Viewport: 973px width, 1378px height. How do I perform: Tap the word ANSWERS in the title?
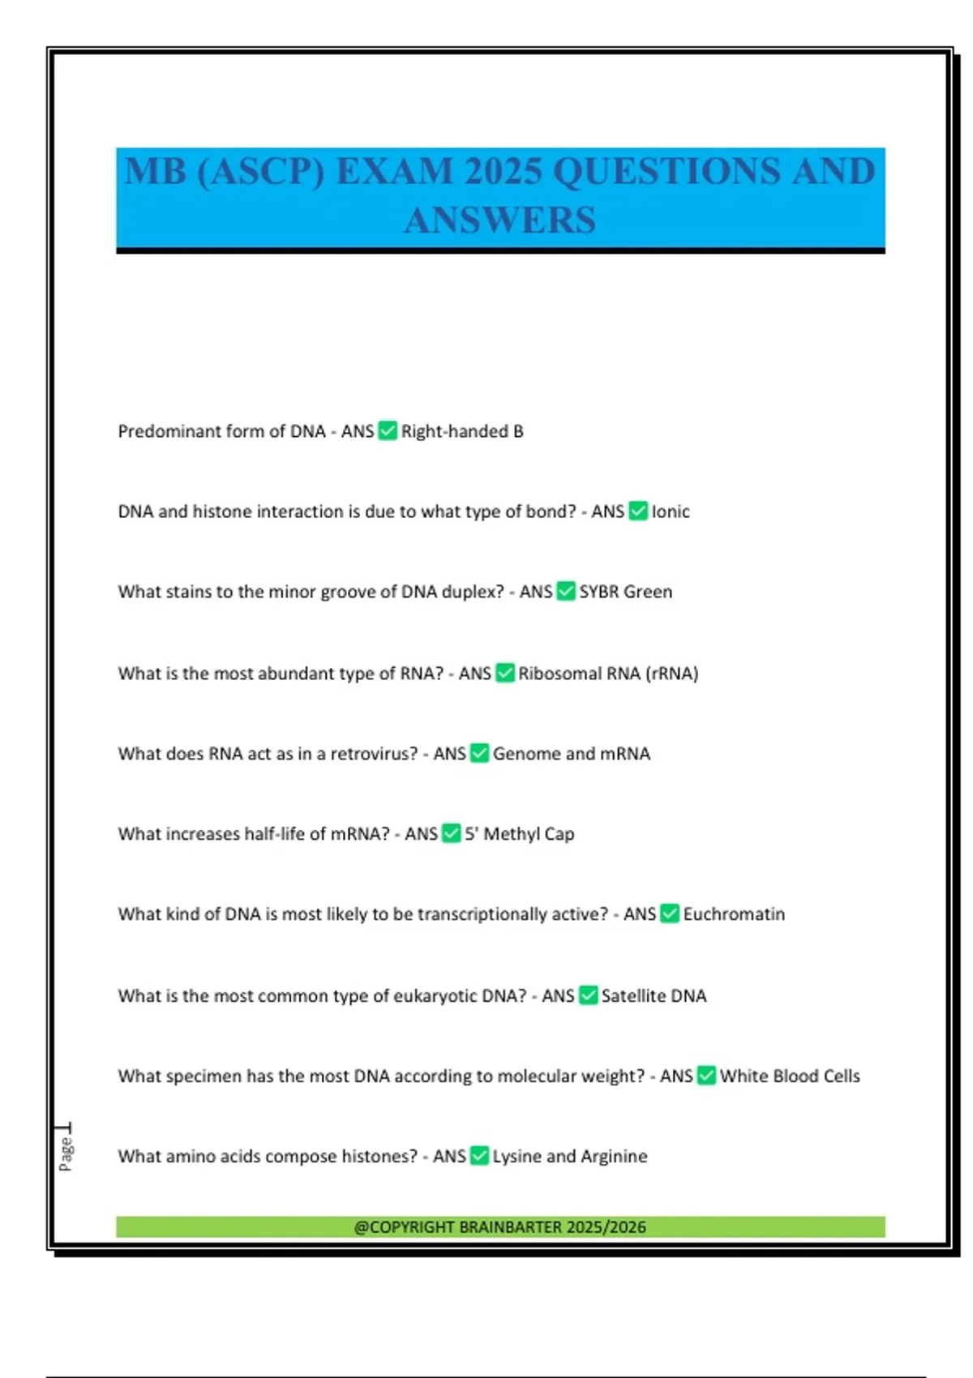(x=500, y=220)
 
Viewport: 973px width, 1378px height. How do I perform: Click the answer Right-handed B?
(x=462, y=431)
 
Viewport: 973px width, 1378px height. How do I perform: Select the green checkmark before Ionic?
(x=638, y=511)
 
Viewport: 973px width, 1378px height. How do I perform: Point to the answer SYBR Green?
(x=625, y=592)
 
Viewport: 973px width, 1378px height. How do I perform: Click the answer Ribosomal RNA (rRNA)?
(x=608, y=674)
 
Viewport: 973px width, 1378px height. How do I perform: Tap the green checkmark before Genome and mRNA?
(x=479, y=754)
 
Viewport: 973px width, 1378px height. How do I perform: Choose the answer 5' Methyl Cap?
(x=519, y=834)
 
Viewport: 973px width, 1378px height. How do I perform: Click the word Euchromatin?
(x=734, y=914)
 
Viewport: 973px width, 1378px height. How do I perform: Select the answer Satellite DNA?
(x=654, y=995)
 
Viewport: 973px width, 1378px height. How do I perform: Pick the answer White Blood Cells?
(x=790, y=1076)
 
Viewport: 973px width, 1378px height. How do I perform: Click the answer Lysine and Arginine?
(x=570, y=1157)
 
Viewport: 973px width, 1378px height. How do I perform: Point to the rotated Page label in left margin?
(x=66, y=1153)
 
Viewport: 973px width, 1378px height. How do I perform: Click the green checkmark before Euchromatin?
(x=670, y=914)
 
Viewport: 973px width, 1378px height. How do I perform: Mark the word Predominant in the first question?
(x=169, y=431)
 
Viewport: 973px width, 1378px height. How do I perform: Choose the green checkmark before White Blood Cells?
(x=706, y=1076)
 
